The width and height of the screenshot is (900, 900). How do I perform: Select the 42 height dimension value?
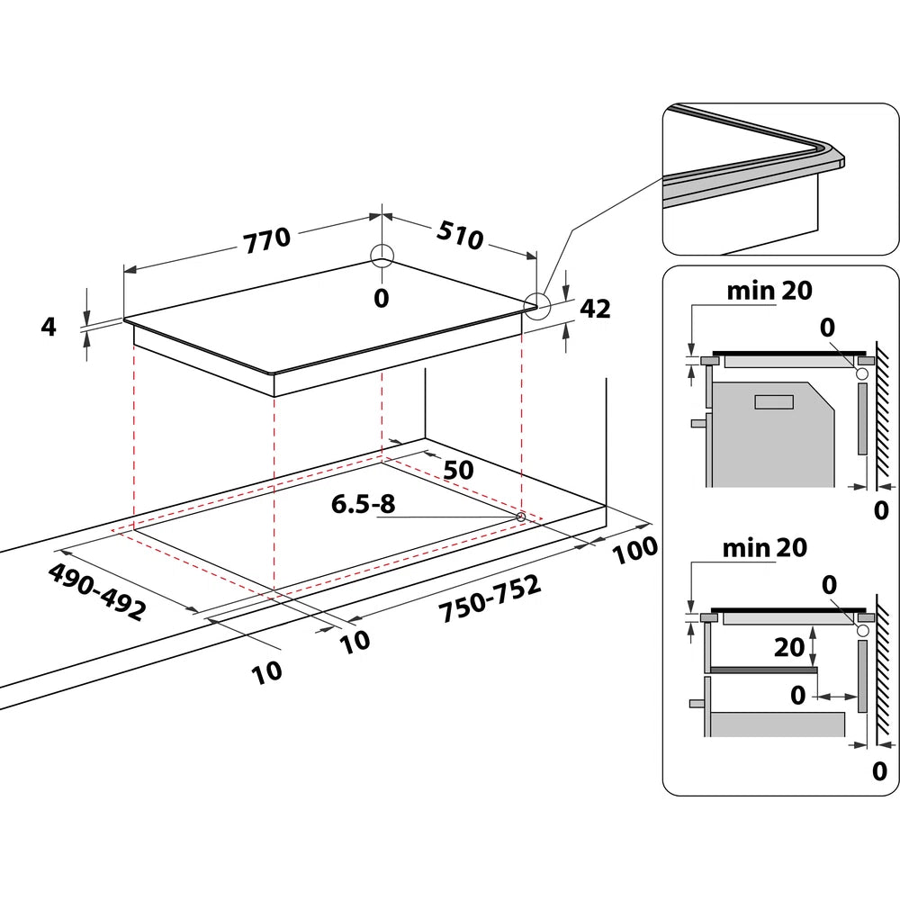[595, 309]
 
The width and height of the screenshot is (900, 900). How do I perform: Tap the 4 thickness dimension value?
[49, 326]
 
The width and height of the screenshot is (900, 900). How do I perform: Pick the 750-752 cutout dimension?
[490, 598]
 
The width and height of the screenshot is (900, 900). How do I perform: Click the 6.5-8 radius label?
[363, 504]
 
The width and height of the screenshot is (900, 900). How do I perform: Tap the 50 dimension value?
[458, 470]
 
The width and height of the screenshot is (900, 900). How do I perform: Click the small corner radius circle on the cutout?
[521, 517]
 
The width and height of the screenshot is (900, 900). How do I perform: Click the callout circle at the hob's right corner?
[537, 306]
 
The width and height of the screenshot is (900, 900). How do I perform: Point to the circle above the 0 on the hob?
[382, 256]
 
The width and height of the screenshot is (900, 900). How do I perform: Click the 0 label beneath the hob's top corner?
[382, 298]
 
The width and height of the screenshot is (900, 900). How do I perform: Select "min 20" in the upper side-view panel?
[769, 290]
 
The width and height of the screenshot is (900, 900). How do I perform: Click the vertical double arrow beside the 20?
[814, 645]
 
